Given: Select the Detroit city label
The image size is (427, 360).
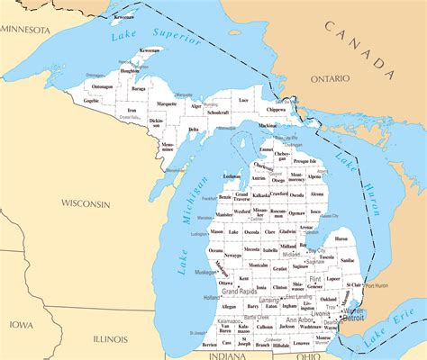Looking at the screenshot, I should [x=353, y=318].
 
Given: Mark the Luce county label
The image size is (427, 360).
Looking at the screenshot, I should [x=243, y=101].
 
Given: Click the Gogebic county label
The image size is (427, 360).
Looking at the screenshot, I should [x=92, y=101].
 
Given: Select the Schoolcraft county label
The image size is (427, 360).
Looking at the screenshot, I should [x=217, y=112].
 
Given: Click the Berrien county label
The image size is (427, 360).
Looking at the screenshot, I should [x=209, y=344].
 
